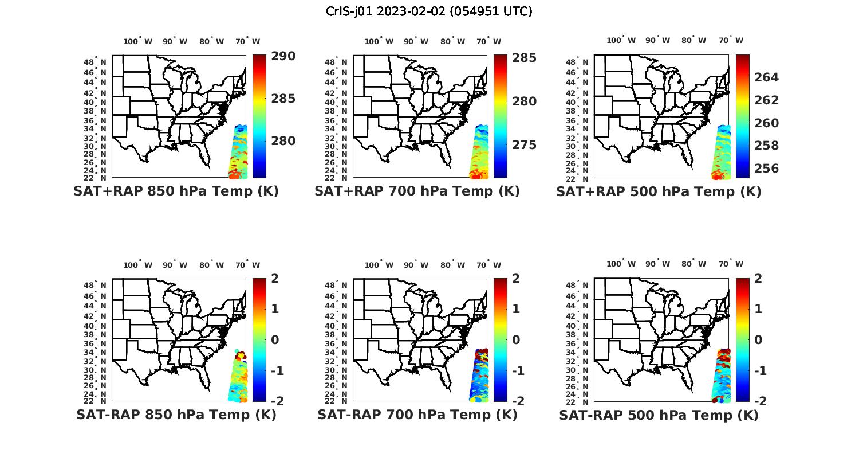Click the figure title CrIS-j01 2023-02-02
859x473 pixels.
(429, 11)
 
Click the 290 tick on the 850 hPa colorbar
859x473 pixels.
(283, 56)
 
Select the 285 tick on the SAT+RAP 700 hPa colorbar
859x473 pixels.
(525, 58)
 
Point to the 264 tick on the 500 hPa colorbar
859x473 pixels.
(766, 77)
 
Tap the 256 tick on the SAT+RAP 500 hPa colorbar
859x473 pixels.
(766, 169)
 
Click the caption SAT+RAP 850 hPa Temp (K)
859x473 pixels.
(176, 191)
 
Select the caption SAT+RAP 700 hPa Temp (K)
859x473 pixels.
(417, 191)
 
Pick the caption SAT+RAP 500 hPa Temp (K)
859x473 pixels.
(659, 192)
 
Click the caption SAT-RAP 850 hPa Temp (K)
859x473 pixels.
(176, 415)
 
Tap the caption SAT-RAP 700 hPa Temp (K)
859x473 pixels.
(417, 415)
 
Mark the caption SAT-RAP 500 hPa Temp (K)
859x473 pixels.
(659, 415)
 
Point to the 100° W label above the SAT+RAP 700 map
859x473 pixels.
(379, 41)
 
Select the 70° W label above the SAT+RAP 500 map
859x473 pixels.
(731, 40)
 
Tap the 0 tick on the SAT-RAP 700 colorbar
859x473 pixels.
(520, 339)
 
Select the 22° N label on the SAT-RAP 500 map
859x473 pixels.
(582, 401)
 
